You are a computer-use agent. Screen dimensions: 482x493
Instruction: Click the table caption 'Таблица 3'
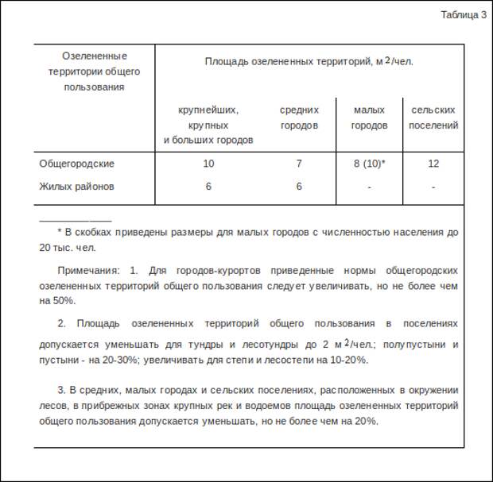click(x=464, y=14)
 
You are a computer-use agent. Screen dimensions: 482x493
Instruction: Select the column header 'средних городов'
click(x=299, y=118)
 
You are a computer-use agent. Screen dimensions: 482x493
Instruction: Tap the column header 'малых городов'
click(x=369, y=118)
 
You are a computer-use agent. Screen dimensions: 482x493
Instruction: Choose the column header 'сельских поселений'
click(x=433, y=118)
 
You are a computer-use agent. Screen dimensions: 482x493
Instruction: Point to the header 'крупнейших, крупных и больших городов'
click(x=208, y=125)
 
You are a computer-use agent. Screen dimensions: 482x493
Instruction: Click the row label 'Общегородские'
click(x=77, y=164)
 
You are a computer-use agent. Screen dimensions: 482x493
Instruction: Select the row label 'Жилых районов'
click(x=76, y=187)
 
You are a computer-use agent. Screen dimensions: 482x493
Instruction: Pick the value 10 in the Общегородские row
click(x=208, y=164)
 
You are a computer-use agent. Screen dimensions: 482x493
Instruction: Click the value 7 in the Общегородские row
click(x=299, y=164)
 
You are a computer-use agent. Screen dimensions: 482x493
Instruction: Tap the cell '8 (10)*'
click(x=369, y=164)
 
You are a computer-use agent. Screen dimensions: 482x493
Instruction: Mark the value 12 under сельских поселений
click(x=433, y=164)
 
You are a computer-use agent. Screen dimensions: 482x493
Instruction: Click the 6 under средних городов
click(x=299, y=187)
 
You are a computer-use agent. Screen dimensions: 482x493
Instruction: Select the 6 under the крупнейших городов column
click(x=208, y=187)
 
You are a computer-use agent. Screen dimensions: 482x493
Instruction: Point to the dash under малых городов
click(x=369, y=187)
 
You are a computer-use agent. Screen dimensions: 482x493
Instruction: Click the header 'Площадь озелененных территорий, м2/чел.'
click(x=309, y=61)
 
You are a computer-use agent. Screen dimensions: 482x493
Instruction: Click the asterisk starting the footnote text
click(x=60, y=233)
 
